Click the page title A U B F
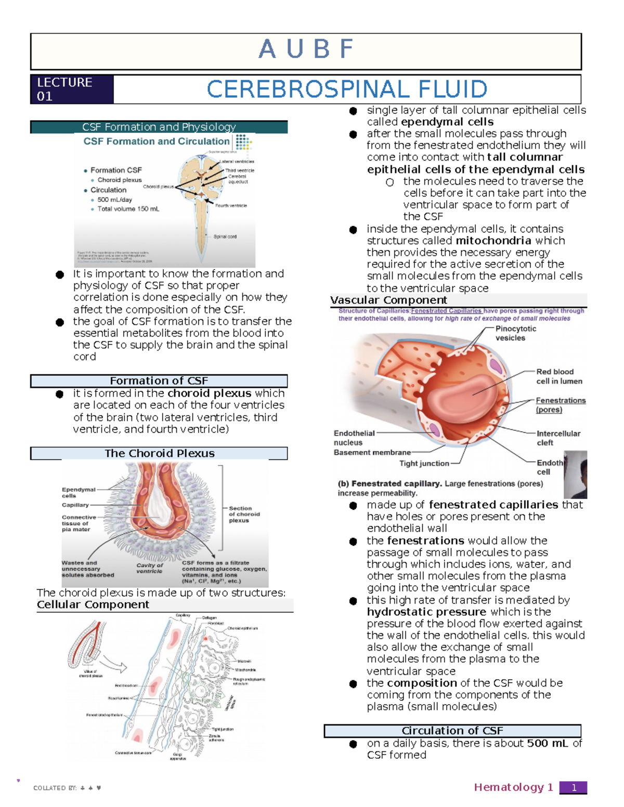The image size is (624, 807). [x=306, y=50]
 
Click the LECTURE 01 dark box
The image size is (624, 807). [x=72, y=89]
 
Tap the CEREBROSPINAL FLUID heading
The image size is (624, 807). [x=347, y=89]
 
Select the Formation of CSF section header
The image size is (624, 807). [x=159, y=381]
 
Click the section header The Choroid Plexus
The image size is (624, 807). [x=159, y=453]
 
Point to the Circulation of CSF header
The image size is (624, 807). [x=452, y=731]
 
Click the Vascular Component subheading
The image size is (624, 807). [x=388, y=300]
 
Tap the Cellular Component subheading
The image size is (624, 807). [x=93, y=605]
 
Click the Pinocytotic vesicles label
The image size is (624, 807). [x=515, y=333]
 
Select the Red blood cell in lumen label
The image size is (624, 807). [x=558, y=376]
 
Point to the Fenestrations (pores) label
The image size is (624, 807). [x=560, y=405]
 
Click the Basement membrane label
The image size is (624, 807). [x=372, y=453]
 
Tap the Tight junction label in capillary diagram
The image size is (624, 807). [x=424, y=464]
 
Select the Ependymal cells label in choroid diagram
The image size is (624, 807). [x=78, y=492]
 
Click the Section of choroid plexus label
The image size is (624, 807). [x=244, y=514]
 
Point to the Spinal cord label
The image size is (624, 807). [x=225, y=236]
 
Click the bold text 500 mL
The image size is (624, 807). [x=547, y=744]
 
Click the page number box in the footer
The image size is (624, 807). [x=573, y=788]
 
